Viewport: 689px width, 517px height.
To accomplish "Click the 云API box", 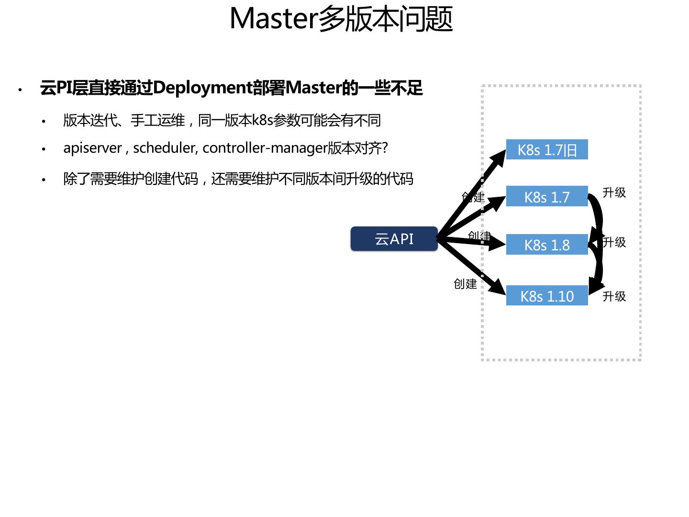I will point(394,239).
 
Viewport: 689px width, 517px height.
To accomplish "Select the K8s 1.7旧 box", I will point(547,150).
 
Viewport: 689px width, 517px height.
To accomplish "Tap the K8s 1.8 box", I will point(547,245).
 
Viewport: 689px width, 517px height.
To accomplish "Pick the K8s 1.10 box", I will point(547,296).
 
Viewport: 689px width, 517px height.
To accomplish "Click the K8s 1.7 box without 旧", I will point(547,197).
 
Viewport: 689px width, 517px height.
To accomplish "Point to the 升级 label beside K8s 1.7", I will point(614,192).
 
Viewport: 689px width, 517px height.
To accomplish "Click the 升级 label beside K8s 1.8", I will point(614,242).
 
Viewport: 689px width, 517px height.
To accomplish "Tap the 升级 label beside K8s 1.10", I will point(614,296).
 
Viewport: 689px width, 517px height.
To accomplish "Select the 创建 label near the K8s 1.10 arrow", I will point(465,284).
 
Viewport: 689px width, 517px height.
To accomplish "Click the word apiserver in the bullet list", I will point(92,148).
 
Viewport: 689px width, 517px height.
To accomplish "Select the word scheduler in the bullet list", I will point(164,148).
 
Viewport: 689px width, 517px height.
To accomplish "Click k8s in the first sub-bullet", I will point(262,120).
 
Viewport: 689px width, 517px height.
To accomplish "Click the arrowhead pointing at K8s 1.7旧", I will point(499,157).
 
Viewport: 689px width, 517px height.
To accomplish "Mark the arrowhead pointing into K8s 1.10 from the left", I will point(499,289).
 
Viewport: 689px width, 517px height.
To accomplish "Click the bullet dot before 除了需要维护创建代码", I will point(44,180).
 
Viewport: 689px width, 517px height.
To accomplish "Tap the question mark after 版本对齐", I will point(385,148).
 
